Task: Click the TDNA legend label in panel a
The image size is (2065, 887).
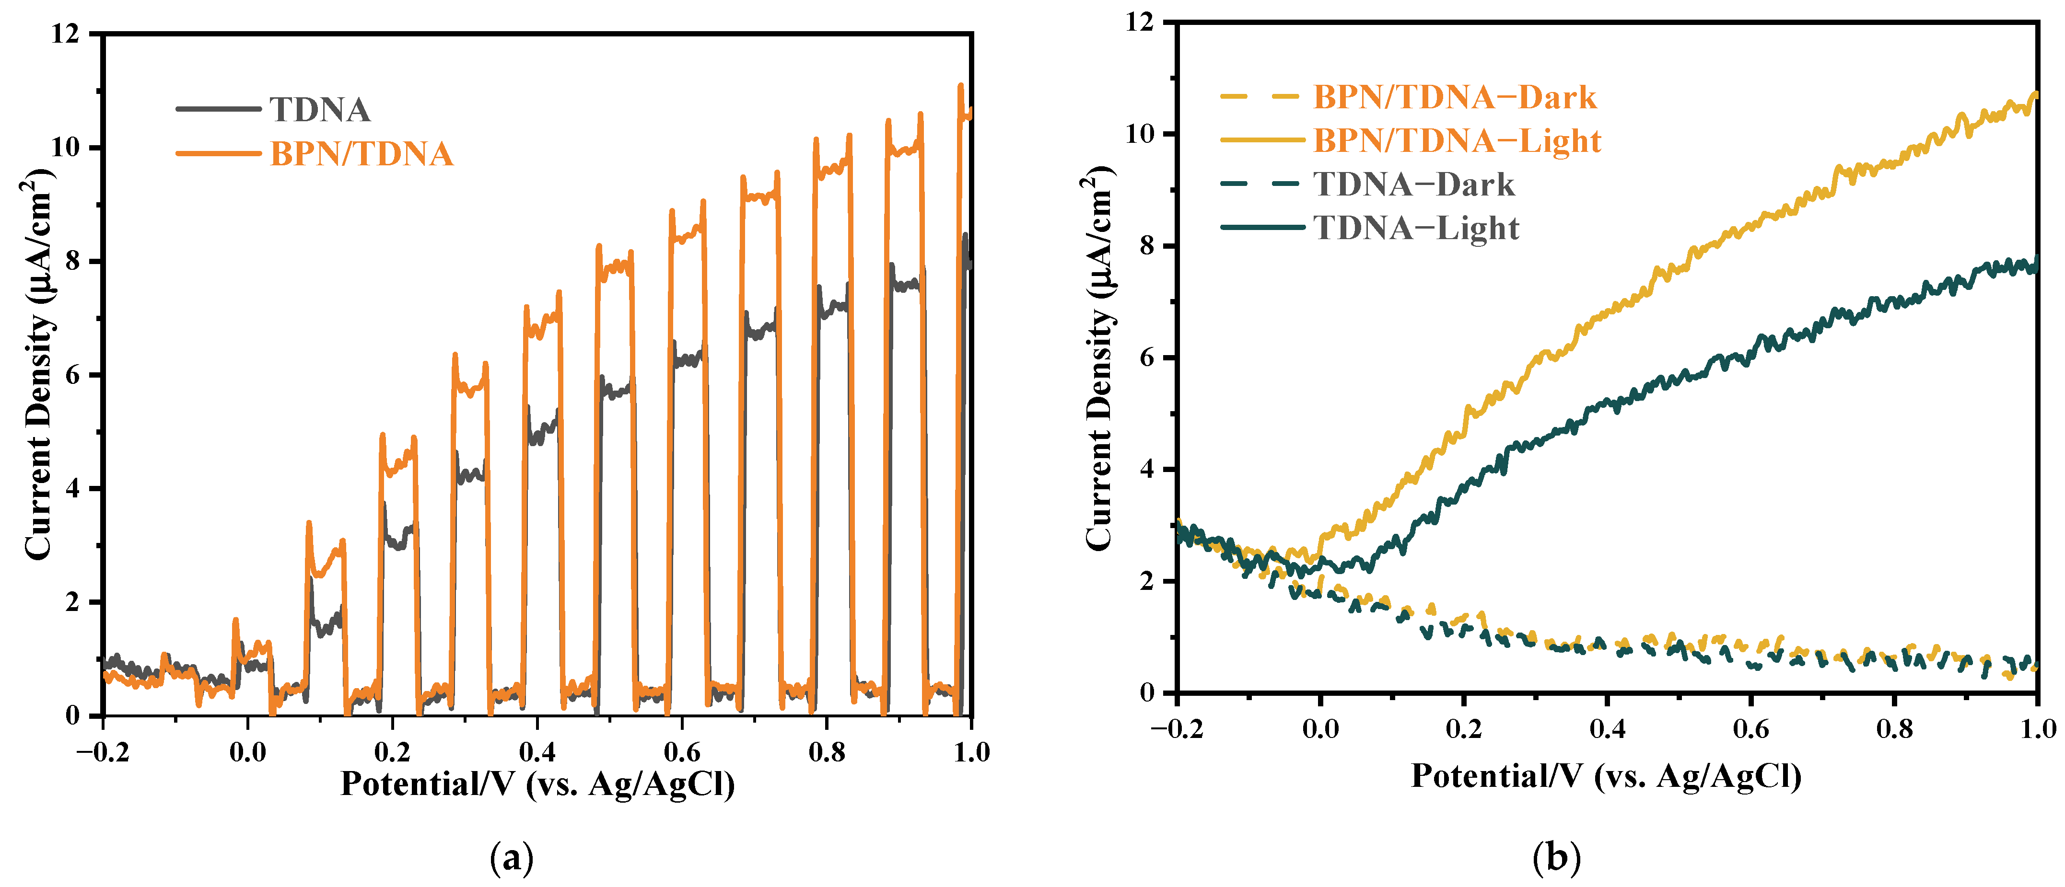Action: [x=320, y=110]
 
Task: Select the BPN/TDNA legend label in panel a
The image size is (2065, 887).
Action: [x=362, y=154]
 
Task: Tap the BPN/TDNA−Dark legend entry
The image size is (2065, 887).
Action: [x=1454, y=97]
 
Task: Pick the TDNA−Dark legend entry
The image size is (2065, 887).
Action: [x=1414, y=184]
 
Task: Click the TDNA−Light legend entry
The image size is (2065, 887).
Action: [x=1416, y=229]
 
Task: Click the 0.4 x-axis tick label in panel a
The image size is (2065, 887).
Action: [x=537, y=751]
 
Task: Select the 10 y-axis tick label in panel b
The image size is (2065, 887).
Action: [x=1140, y=134]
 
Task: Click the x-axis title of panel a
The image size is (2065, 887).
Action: [x=537, y=783]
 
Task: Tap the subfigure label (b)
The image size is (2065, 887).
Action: [x=1556, y=858]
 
